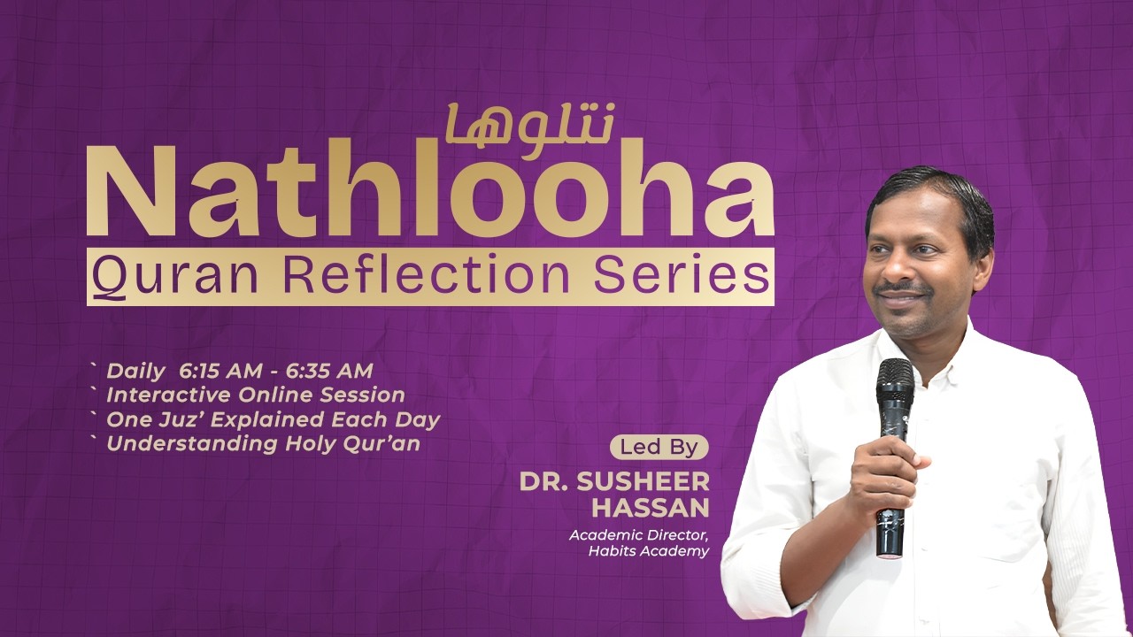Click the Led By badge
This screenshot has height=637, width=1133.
[x=659, y=448]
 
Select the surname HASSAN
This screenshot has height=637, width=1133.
[x=664, y=508]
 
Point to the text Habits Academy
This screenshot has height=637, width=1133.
[x=649, y=551]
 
